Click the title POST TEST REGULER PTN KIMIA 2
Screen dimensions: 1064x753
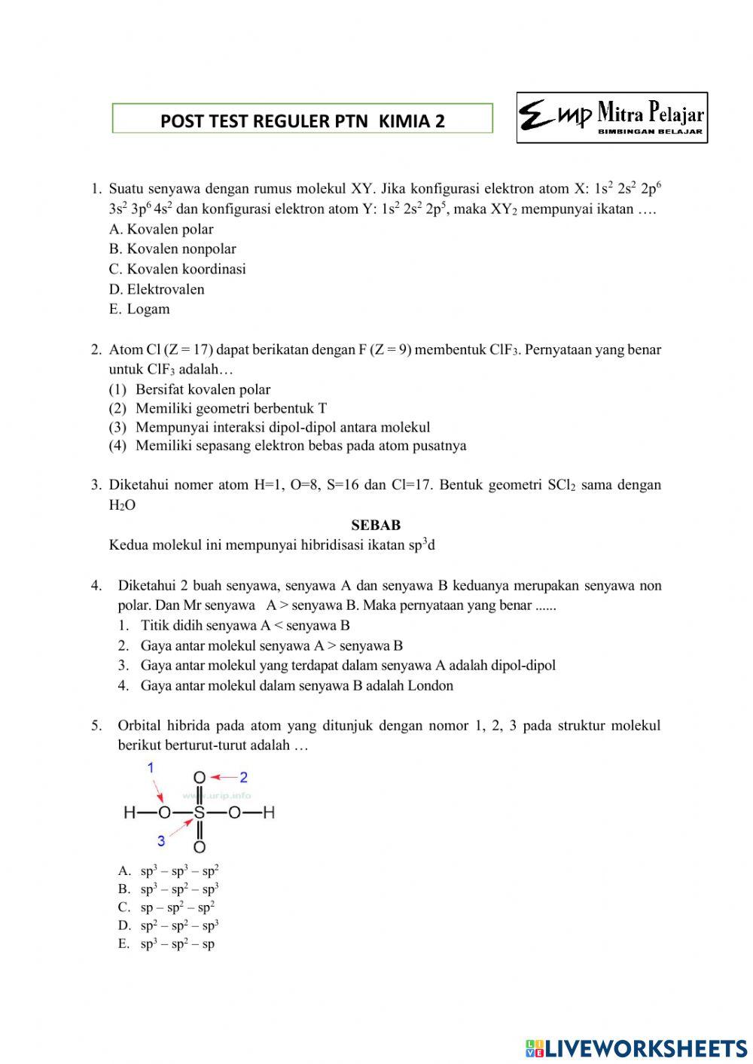(x=302, y=120)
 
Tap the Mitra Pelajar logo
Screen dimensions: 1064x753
(x=611, y=118)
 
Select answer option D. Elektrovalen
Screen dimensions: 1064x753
(x=157, y=289)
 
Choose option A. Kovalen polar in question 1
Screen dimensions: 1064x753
(x=161, y=229)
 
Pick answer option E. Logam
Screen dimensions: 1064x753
(x=139, y=309)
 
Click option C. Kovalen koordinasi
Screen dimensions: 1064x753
(x=178, y=269)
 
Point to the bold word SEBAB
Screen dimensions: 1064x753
(x=376, y=525)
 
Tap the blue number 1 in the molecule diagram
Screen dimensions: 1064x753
(x=151, y=767)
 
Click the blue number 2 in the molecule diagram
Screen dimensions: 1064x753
(x=243, y=776)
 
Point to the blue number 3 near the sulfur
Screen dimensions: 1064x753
(x=160, y=840)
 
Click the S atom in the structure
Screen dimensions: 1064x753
(x=200, y=813)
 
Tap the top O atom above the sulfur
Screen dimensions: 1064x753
(x=200, y=778)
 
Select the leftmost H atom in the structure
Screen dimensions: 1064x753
(x=130, y=813)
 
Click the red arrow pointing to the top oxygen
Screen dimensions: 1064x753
(x=223, y=776)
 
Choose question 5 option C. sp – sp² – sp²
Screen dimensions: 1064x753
(x=166, y=907)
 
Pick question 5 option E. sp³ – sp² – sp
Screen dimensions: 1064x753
(x=166, y=944)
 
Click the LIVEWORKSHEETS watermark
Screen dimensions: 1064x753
(x=636, y=1047)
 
